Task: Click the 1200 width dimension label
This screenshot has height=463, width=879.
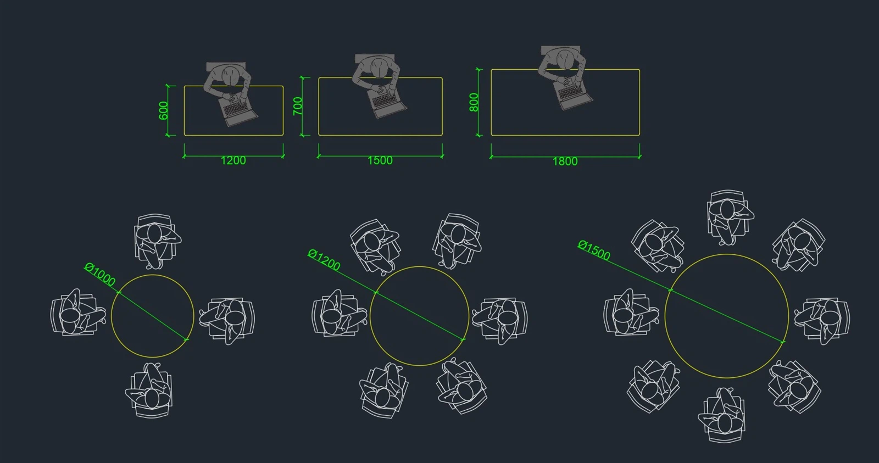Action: pyautogui.click(x=233, y=160)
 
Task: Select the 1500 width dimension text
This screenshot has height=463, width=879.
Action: pyautogui.click(x=380, y=160)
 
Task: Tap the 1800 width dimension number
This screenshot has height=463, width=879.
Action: pyautogui.click(x=565, y=161)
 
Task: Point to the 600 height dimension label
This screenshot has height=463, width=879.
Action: pyautogui.click(x=163, y=110)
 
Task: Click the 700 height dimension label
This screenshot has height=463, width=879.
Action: pyautogui.click(x=298, y=106)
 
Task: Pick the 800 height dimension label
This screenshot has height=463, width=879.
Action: pyautogui.click(x=474, y=102)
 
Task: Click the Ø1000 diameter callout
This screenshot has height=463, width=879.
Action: pyautogui.click(x=100, y=275)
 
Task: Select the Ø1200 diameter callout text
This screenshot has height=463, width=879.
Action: pyautogui.click(x=324, y=260)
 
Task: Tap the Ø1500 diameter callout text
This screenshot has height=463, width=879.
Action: pyautogui.click(x=594, y=250)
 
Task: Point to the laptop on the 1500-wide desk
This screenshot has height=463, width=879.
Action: pyautogui.click(x=387, y=103)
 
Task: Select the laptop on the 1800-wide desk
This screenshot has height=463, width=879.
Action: pyautogui.click(x=573, y=96)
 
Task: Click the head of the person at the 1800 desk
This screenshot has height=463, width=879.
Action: pyautogui.click(x=565, y=60)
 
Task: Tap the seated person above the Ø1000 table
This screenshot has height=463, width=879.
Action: pyautogui.click(x=157, y=242)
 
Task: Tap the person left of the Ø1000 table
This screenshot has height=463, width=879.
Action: pyautogui.click(x=78, y=313)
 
